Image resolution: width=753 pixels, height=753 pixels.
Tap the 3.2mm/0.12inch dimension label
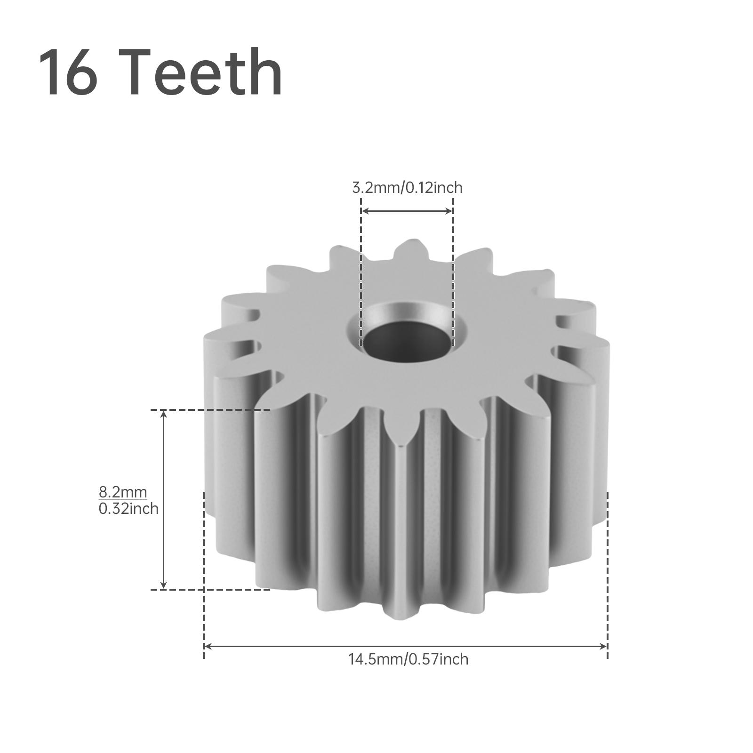pos(407,188)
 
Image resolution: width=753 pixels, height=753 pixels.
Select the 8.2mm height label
pos(123,492)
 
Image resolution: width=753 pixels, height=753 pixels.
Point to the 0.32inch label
pos(128,509)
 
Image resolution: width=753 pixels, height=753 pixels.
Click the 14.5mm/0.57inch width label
pos(408,659)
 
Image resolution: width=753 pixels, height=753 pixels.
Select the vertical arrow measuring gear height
pos(163,499)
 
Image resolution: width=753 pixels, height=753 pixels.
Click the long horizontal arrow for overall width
pos(406,646)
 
